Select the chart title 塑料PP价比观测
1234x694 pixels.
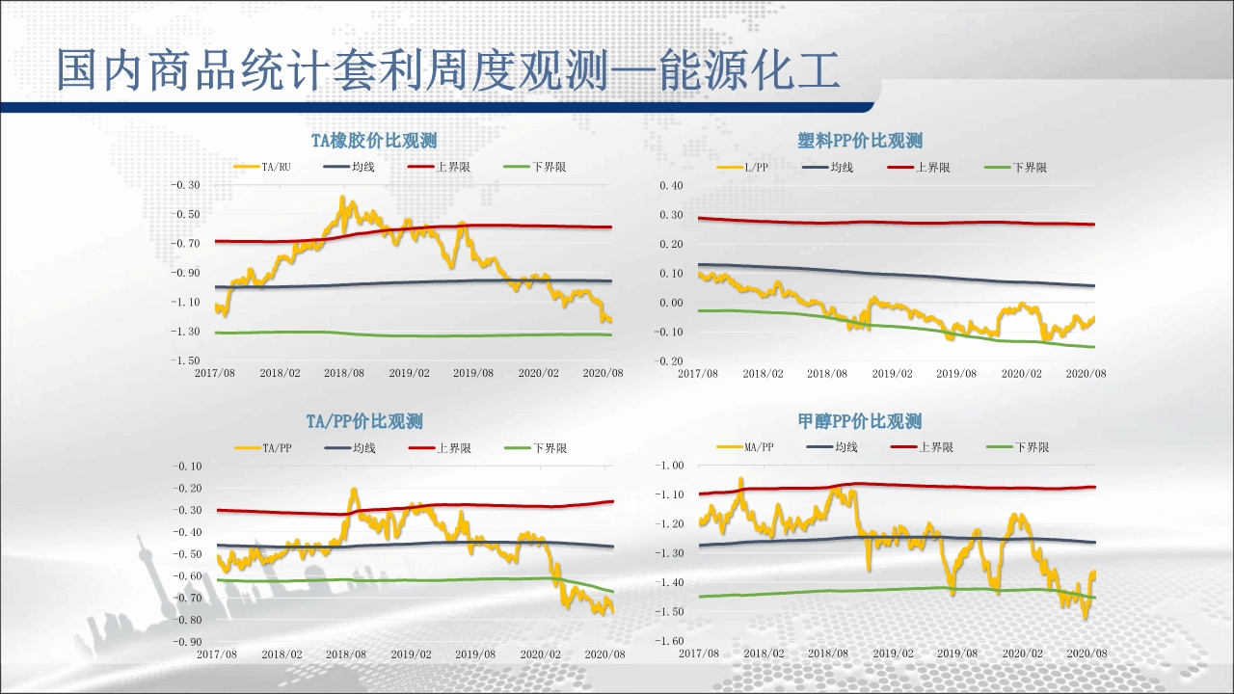pos(860,141)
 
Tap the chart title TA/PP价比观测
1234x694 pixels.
pos(364,421)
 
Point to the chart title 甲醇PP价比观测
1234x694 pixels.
pos(860,421)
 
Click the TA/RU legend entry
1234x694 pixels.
pos(276,167)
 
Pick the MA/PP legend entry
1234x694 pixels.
pos(759,447)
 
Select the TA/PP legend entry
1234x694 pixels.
pos(276,447)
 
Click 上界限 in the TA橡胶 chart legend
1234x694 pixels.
pos(453,167)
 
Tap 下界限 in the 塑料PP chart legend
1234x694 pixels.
pos(1030,168)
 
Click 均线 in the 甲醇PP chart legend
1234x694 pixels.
pos(845,447)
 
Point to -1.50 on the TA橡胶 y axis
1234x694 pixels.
pos(185,360)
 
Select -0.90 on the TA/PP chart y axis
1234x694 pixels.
pos(187,641)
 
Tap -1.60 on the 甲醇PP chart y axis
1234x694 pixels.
pos(670,641)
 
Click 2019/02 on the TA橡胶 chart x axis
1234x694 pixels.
pos(409,373)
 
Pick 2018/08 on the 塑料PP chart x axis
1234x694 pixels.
pos(827,374)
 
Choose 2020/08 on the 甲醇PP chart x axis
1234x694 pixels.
pos(1086,654)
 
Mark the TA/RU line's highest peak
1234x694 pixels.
pos(343,198)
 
